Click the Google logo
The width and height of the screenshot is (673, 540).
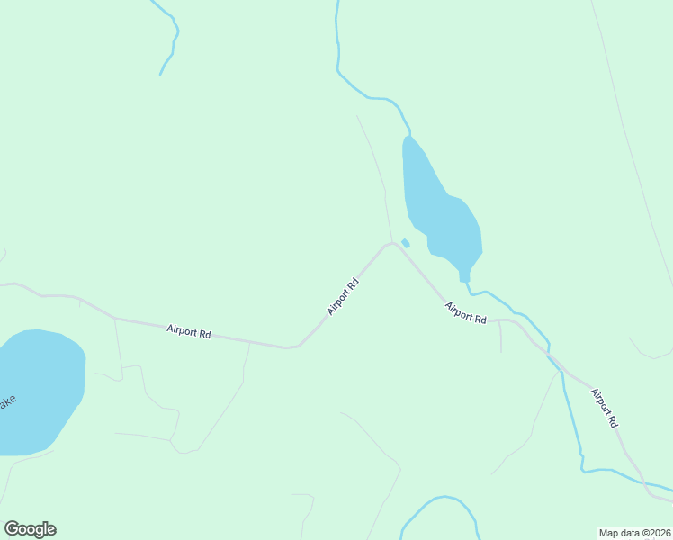[x=30, y=529]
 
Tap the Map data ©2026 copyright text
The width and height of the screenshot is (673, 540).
[x=634, y=532]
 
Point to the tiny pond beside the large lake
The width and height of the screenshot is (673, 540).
[x=406, y=243]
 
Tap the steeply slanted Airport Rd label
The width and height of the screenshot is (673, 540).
[x=343, y=295]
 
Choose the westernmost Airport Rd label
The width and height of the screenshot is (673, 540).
[x=189, y=332]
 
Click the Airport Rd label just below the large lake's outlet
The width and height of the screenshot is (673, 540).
[x=466, y=313]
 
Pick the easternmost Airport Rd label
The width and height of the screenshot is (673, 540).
[x=605, y=407]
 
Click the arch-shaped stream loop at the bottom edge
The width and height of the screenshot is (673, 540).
[x=441, y=504]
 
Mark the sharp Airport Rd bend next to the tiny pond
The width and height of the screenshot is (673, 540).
[x=390, y=243]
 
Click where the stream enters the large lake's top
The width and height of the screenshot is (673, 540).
[x=409, y=135]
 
